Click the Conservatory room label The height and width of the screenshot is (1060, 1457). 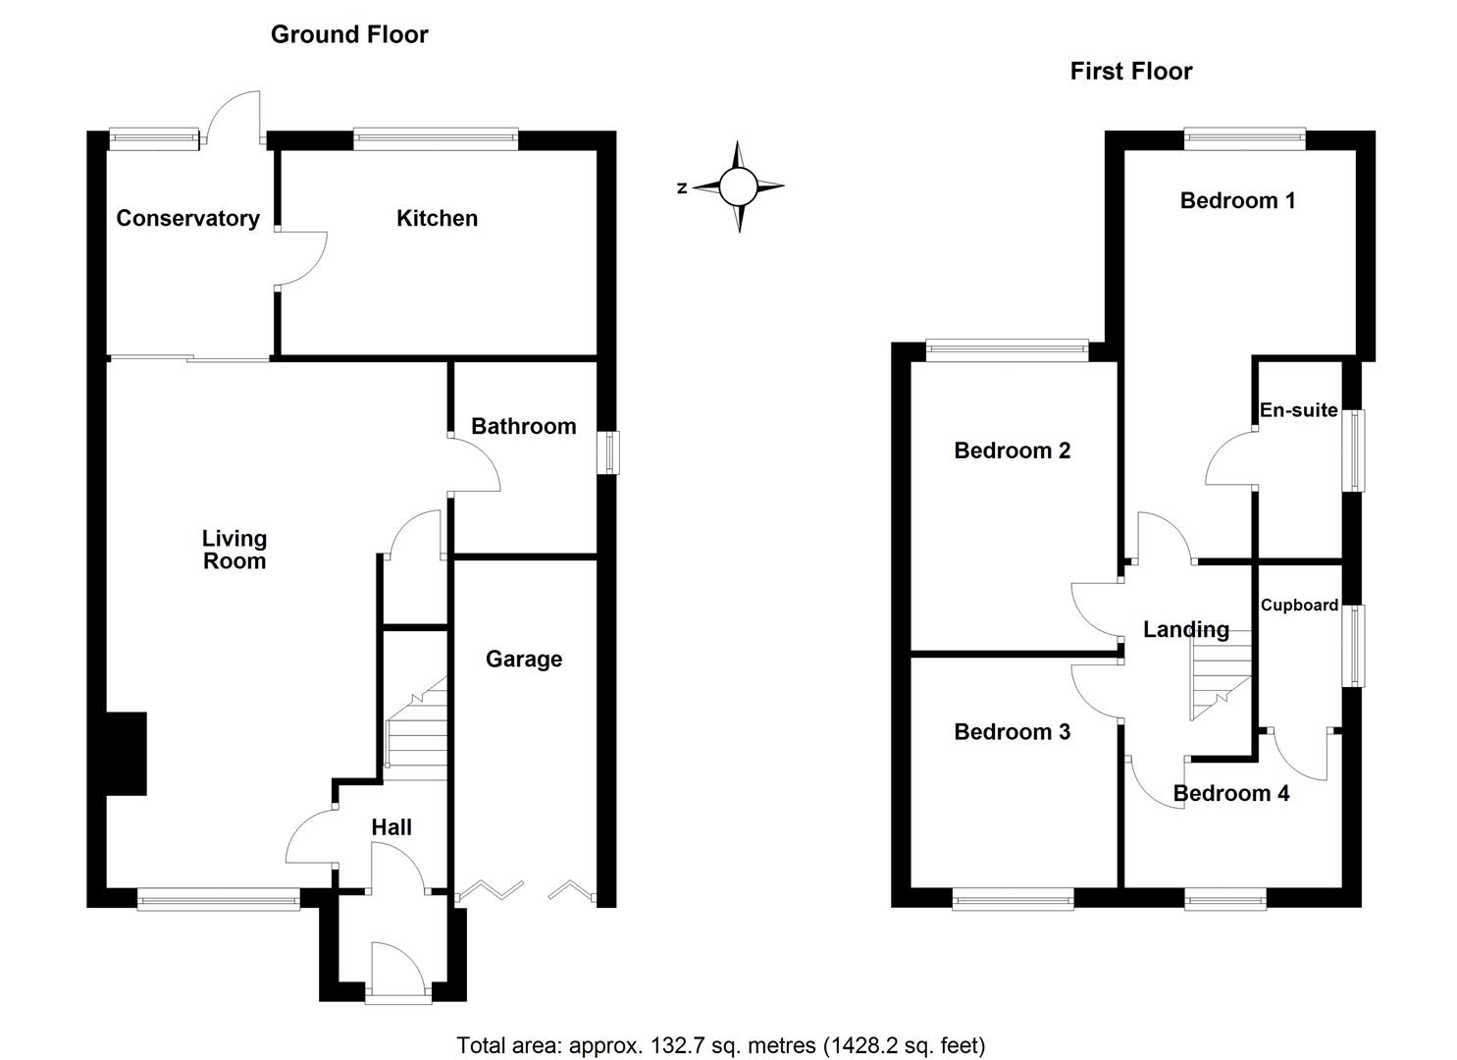(x=187, y=218)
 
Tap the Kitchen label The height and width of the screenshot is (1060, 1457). (x=437, y=218)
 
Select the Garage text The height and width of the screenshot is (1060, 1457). (x=524, y=659)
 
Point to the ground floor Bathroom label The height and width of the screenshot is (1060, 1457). (x=523, y=426)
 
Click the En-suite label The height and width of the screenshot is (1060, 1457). (x=1298, y=410)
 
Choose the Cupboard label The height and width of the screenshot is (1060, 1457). (x=1299, y=605)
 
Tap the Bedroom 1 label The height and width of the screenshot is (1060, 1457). (x=1237, y=200)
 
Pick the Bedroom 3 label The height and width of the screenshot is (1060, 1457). (x=1012, y=731)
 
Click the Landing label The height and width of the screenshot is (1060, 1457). (x=1185, y=629)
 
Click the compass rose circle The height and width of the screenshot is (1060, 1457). (x=739, y=186)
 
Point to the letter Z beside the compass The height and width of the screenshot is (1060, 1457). (x=682, y=188)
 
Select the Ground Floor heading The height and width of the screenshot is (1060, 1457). (x=349, y=34)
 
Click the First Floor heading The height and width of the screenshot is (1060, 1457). (x=1130, y=71)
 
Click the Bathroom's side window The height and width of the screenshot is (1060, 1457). (x=610, y=452)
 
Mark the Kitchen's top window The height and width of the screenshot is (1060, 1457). (x=436, y=139)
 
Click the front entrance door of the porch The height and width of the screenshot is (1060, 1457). (x=397, y=972)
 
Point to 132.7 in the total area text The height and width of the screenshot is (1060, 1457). (x=674, y=1045)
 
